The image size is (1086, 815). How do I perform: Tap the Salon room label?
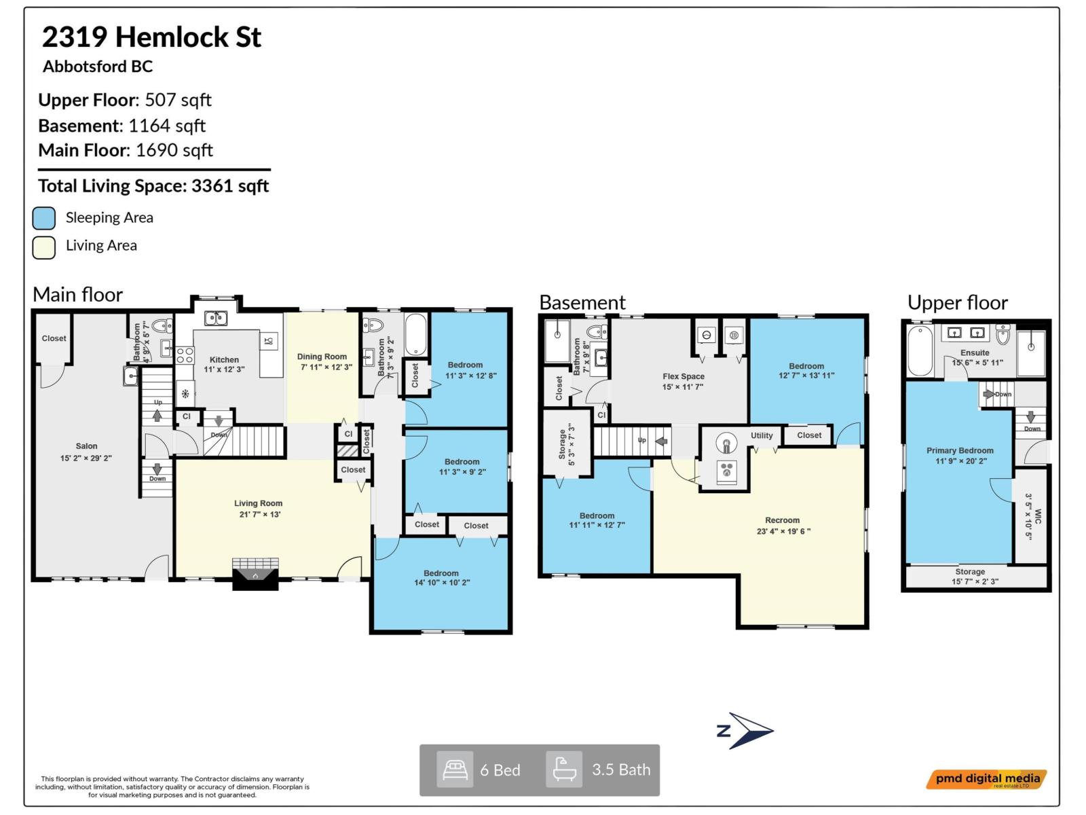(x=86, y=446)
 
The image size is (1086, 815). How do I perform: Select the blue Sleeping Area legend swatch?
(x=44, y=218)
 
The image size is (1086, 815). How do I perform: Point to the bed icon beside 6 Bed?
(x=454, y=769)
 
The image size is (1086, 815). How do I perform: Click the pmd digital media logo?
(x=987, y=779)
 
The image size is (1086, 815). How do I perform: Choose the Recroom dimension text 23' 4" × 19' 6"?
(x=783, y=531)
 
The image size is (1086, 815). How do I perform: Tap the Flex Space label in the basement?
(x=684, y=376)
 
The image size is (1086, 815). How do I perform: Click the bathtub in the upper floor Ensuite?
(x=920, y=350)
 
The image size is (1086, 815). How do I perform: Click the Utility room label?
(x=762, y=435)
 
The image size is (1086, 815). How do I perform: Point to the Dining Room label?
(x=322, y=357)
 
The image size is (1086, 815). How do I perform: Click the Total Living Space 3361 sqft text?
(x=153, y=186)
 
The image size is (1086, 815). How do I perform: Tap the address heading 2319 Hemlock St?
(x=151, y=37)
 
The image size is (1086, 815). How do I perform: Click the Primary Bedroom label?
(x=960, y=450)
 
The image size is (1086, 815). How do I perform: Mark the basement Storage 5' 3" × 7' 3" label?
(x=567, y=445)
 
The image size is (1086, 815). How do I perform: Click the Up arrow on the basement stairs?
(x=660, y=441)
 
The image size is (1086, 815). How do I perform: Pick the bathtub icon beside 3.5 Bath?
(x=564, y=769)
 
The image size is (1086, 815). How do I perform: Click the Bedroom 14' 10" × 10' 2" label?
(x=441, y=577)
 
